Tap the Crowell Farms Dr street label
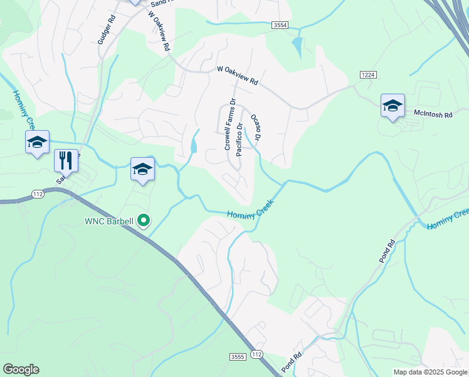tap(229, 124)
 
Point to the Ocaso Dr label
tap(255, 127)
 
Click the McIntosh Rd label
tap(432, 114)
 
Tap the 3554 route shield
tap(280, 25)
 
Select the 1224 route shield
tap(368, 75)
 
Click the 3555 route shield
tap(238, 357)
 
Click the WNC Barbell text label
tap(110, 221)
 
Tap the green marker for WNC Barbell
tap(144, 221)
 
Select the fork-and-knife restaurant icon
tap(65, 160)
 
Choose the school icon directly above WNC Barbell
tap(142, 169)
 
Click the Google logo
tap(21, 369)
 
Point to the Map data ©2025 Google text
tap(430, 372)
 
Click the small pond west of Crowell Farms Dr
tap(193, 146)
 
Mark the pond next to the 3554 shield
tap(297, 45)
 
